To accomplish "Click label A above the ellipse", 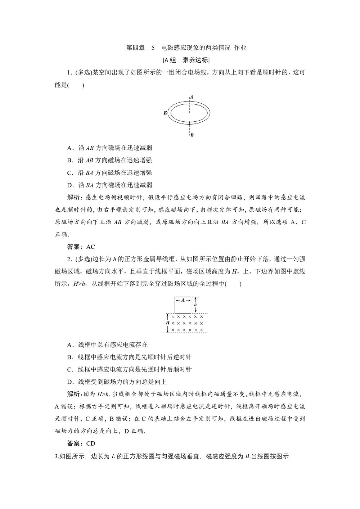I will [192, 97].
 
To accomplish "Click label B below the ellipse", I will [192, 135].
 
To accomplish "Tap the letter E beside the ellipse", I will [165, 113].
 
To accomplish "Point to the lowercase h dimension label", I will [195, 305].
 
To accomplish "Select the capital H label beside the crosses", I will [167, 323].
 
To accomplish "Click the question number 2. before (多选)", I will [69, 259].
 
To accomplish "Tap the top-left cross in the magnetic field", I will [173, 317].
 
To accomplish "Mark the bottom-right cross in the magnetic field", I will [201, 330].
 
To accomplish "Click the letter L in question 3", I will [113, 456].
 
